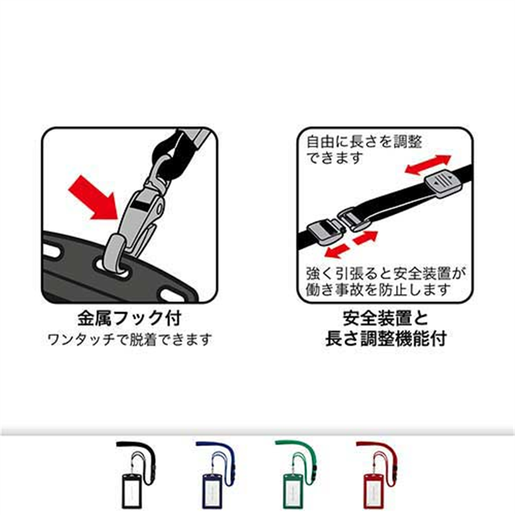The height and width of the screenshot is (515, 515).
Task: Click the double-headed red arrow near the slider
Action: pos(429,165)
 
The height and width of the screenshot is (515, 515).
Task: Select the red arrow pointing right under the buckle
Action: pos(364,237)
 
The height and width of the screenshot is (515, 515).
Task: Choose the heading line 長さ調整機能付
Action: pos(386,337)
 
